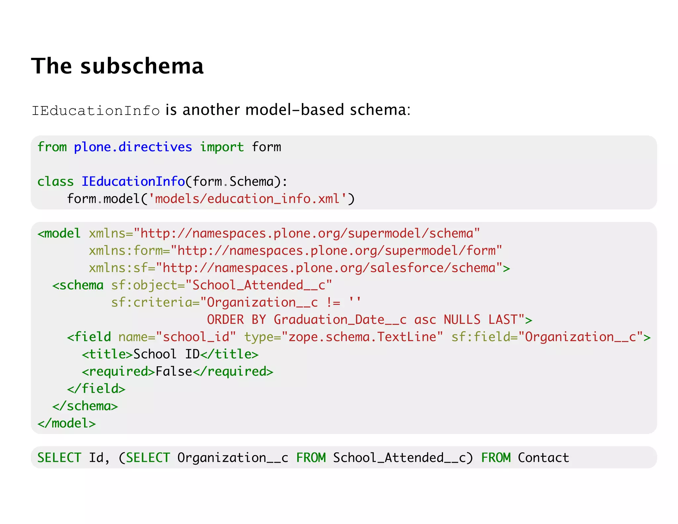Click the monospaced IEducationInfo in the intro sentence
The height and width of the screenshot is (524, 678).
click(96, 111)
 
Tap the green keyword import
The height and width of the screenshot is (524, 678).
click(222, 147)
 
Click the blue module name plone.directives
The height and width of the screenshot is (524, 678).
click(133, 147)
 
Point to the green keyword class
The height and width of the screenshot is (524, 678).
click(55, 182)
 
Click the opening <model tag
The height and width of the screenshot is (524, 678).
click(59, 234)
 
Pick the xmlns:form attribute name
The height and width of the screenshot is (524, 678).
click(125, 251)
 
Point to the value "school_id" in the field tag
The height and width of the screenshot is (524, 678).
click(196, 337)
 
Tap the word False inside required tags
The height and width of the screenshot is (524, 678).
click(174, 371)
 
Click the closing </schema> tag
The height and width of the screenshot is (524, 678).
click(85, 406)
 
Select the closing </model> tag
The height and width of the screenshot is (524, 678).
click(67, 423)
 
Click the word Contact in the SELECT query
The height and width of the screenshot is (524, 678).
click(543, 458)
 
